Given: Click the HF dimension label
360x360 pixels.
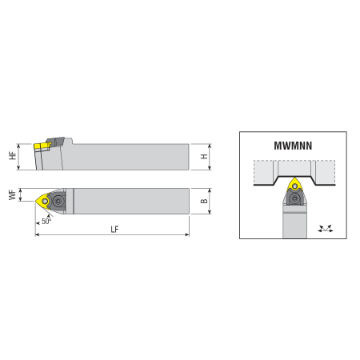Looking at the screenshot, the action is (x=13, y=155).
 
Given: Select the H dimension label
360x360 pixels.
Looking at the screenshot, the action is (x=204, y=156).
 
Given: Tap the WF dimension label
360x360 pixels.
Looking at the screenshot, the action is (x=12, y=195).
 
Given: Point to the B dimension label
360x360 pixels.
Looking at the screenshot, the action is (x=204, y=201).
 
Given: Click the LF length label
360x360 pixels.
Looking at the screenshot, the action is (x=114, y=229).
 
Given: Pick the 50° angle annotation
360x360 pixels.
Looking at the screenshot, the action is (x=46, y=221).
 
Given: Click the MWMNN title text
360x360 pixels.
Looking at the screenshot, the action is (x=293, y=146).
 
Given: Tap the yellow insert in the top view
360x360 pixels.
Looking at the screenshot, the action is (x=42, y=201).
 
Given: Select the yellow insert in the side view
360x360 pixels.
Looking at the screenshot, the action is (x=42, y=146).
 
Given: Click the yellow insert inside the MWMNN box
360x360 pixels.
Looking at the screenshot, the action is (x=294, y=185).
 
